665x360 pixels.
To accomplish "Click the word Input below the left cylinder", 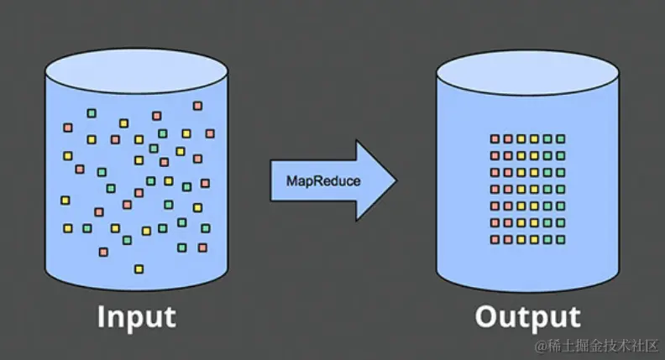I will [x=137, y=317].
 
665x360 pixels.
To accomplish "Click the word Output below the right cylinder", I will [x=528, y=317].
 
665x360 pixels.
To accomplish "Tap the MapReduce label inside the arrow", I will [x=312, y=180].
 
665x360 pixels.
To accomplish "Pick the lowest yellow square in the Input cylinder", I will [x=139, y=269].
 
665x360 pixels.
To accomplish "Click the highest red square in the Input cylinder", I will [x=197, y=106].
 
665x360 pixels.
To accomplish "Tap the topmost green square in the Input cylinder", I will [x=92, y=113].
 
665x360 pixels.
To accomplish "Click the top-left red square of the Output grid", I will [x=495, y=139].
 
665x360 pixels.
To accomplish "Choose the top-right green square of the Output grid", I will [x=561, y=139].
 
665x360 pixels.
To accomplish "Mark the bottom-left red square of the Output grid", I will [x=495, y=240].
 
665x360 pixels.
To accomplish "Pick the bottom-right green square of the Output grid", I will [x=561, y=240].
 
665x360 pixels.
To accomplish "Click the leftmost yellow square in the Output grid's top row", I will [x=521, y=139].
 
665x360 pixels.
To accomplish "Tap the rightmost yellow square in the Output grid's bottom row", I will [x=535, y=240].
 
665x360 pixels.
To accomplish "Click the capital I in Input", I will [x=102, y=317].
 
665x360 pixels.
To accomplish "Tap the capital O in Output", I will [x=489, y=317].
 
